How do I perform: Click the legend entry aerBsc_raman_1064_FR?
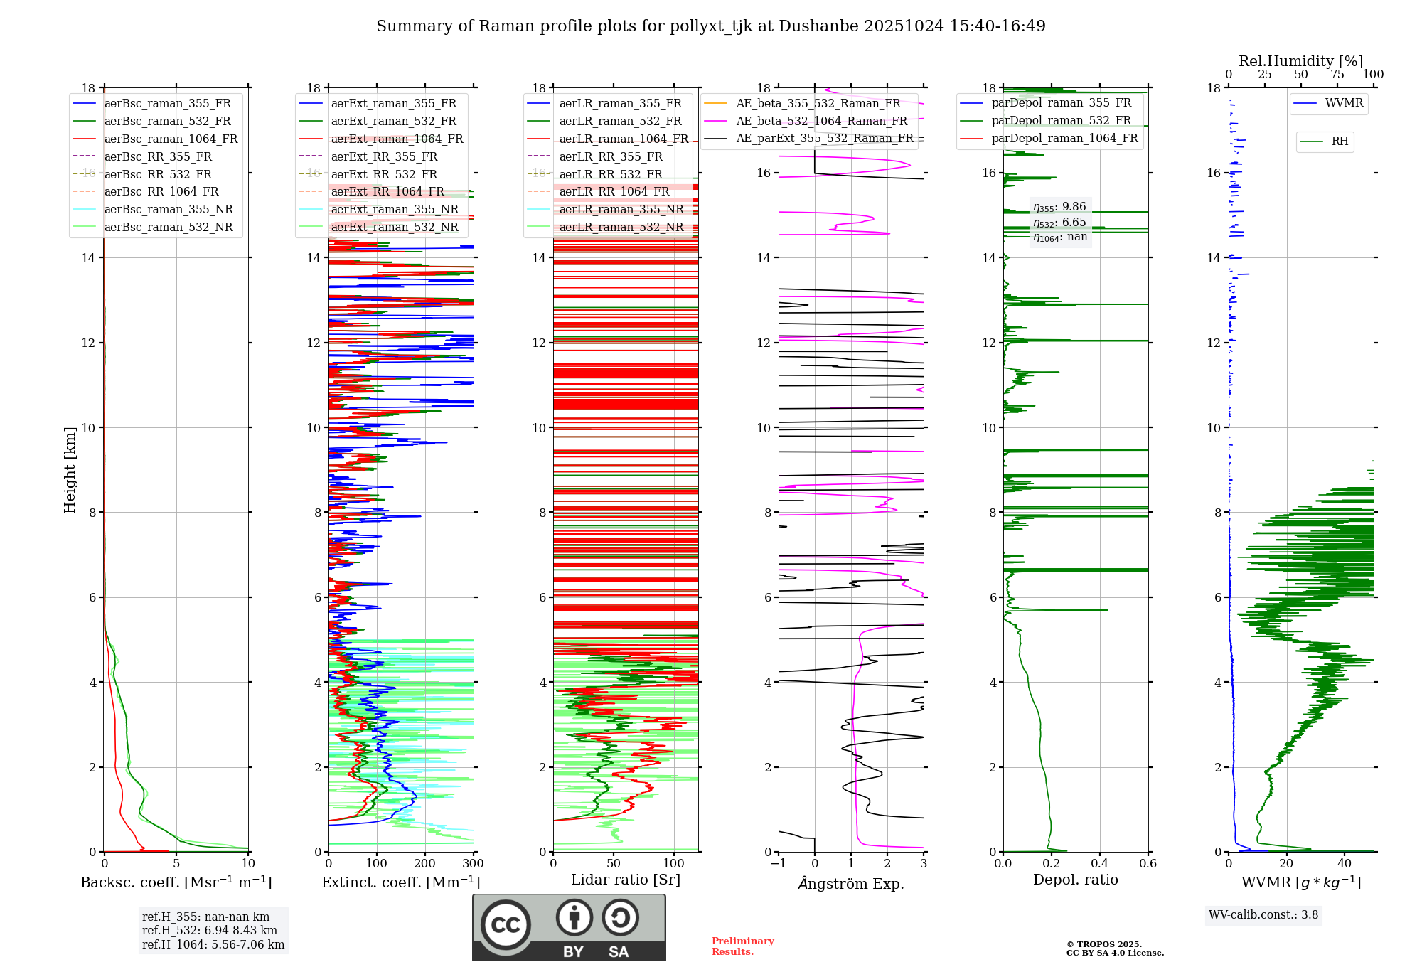click(171, 139)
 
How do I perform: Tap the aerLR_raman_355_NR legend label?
click(621, 210)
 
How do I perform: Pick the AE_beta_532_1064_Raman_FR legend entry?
click(821, 122)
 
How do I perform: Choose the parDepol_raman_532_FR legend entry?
click(1061, 121)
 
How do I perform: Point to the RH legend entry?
click(1340, 141)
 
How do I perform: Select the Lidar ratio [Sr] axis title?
click(626, 880)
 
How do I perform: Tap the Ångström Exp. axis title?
click(851, 883)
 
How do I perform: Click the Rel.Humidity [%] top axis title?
click(1300, 61)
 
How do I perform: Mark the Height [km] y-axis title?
click(70, 470)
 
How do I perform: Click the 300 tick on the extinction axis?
click(473, 864)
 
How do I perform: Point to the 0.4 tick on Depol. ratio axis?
click(1099, 864)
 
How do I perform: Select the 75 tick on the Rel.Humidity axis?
click(1337, 75)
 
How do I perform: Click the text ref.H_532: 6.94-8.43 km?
click(210, 931)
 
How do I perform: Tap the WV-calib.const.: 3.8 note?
click(1263, 915)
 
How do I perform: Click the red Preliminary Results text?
click(742, 946)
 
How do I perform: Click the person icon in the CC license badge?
click(574, 918)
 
